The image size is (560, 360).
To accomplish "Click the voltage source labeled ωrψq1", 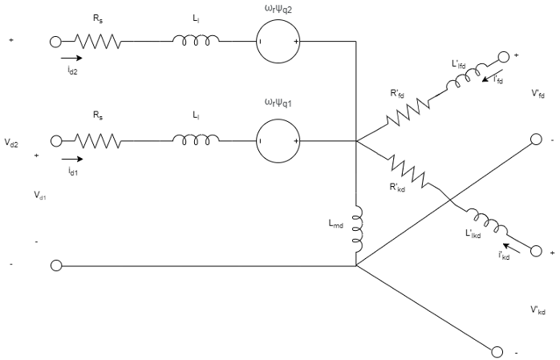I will [278, 141].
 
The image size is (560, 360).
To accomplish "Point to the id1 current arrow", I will [69, 158].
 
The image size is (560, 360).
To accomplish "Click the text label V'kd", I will [538, 309].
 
